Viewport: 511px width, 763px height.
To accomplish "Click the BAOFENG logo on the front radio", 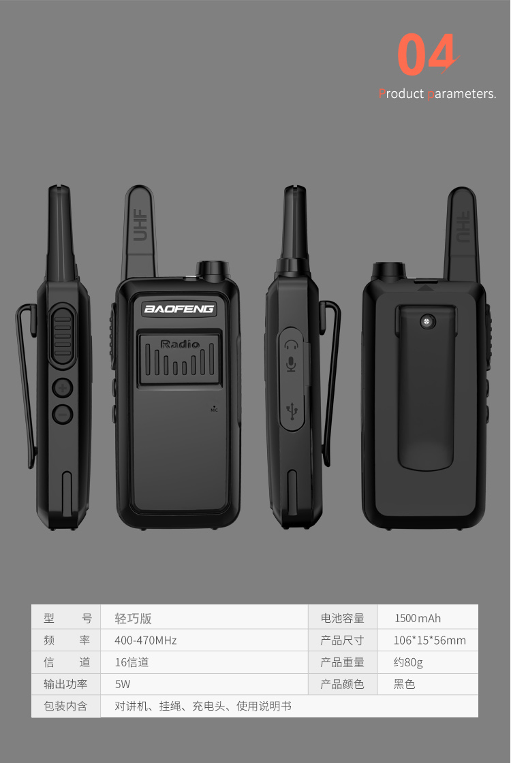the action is pyautogui.click(x=179, y=309).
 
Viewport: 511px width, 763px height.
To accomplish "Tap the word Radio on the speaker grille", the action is pyautogui.click(x=180, y=344).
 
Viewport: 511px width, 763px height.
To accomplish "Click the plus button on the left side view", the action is pyautogui.click(x=63, y=388).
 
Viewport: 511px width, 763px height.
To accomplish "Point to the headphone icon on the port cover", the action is pyautogui.click(x=292, y=345).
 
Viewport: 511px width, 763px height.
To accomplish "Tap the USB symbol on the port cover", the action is pyautogui.click(x=292, y=411).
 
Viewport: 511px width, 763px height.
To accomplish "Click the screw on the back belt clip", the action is pyautogui.click(x=428, y=321).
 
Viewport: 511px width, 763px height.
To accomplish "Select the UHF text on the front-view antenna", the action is pyautogui.click(x=140, y=225).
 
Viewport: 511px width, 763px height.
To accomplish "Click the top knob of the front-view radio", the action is pyautogui.click(x=213, y=270).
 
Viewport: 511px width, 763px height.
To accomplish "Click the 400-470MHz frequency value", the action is pyautogui.click(x=146, y=640).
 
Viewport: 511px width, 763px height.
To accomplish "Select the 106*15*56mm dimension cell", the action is pyautogui.click(x=428, y=640).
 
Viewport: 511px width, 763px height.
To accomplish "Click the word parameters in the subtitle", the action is pyautogui.click(x=462, y=94).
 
